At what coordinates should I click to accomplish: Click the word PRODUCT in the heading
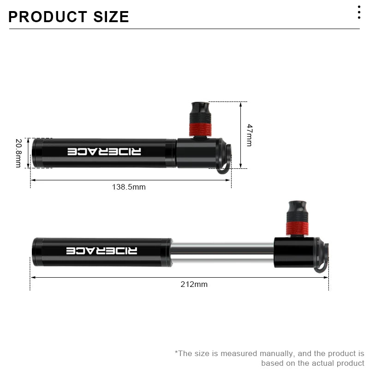click(x=44, y=17)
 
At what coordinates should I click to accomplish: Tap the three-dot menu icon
click(x=359, y=12)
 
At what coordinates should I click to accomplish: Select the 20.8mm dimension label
click(x=18, y=153)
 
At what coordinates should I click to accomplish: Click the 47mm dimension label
click(x=249, y=135)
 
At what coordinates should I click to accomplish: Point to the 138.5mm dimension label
click(x=129, y=187)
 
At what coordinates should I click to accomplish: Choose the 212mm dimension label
click(x=194, y=284)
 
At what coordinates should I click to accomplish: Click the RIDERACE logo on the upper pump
click(x=105, y=152)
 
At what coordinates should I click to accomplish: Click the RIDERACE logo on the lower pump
click(x=101, y=250)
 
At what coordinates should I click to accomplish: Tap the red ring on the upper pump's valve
click(x=200, y=129)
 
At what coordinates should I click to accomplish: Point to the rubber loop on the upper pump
click(x=226, y=161)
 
